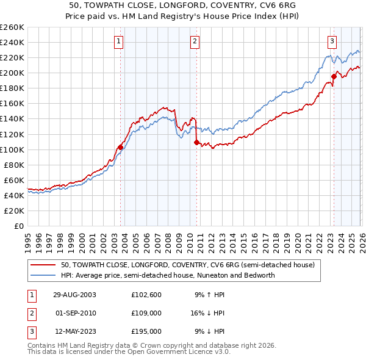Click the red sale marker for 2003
point(121,147)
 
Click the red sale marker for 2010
point(196,142)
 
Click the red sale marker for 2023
point(334,76)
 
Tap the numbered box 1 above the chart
point(118,41)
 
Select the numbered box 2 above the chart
point(194,41)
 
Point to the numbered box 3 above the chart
point(332,41)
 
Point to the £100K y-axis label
point(12,149)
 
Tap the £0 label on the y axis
point(18,226)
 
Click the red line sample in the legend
point(44,265)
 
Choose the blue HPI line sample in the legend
point(44,275)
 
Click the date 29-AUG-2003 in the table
point(74,294)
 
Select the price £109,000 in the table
point(146,313)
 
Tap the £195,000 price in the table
point(146,331)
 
